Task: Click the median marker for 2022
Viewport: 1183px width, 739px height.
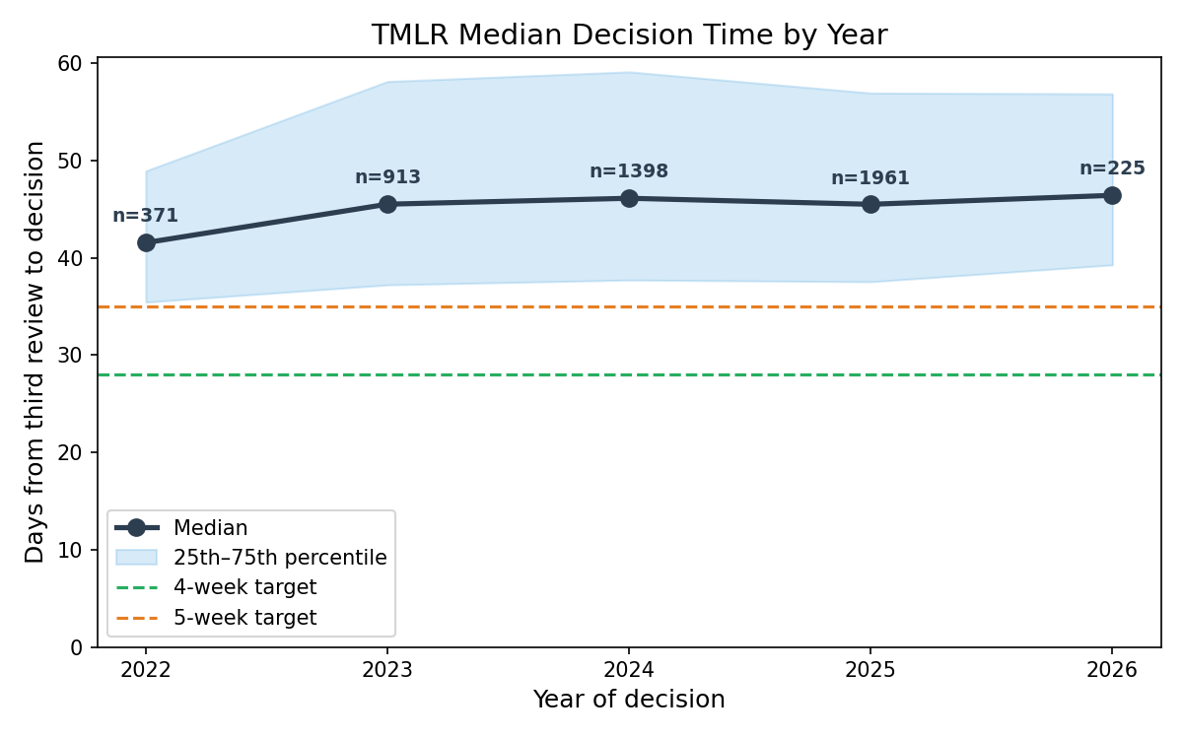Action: click(x=146, y=242)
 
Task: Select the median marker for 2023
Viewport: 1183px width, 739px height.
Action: click(x=387, y=204)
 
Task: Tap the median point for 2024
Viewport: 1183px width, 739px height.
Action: click(x=629, y=198)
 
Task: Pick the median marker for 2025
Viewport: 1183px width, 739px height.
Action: click(x=870, y=204)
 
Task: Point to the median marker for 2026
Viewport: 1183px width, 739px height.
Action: click(x=1112, y=195)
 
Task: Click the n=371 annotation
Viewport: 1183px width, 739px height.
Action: click(x=145, y=216)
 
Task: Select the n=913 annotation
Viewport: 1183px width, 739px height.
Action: click(x=387, y=177)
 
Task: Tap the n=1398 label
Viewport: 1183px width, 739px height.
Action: click(x=629, y=171)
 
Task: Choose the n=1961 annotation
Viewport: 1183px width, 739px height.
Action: click(x=870, y=178)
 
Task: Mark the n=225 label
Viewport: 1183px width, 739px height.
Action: click(x=1112, y=168)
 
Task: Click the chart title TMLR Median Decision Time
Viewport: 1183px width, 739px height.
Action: click(x=629, y=35)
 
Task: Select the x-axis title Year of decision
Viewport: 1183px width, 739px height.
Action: click(x=629, y=700)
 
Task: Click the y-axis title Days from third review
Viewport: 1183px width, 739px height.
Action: click(x=35, y=352)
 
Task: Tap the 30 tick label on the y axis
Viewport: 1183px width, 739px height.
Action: click(x=75, y=356)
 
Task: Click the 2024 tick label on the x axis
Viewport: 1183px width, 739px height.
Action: click(x=629, y=668)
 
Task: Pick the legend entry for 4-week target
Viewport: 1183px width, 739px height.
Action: click(x=244, y=588)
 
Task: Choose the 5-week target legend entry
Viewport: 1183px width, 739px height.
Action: click(x=244, y=619)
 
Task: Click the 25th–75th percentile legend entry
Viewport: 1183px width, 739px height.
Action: click(x=280, y=558)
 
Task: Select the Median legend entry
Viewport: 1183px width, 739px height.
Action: click(x=210, y=528)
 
